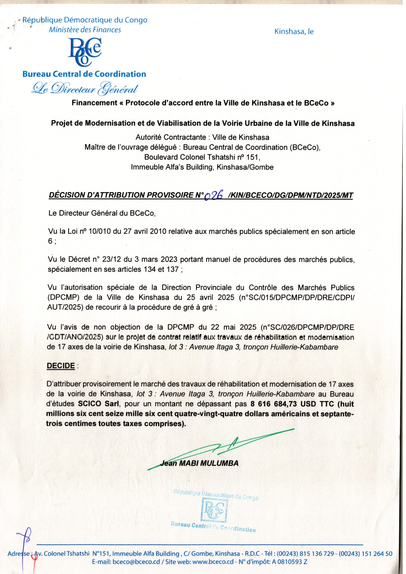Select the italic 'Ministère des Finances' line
tap(85, 30)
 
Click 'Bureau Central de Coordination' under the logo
tap(84, 74)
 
